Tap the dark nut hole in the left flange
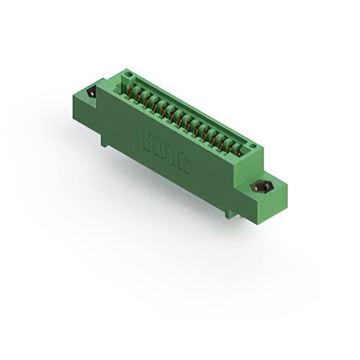click(x=91, y=93)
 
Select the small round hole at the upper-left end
click(x=128, y=74)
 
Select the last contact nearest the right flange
click(x=237, y=148)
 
